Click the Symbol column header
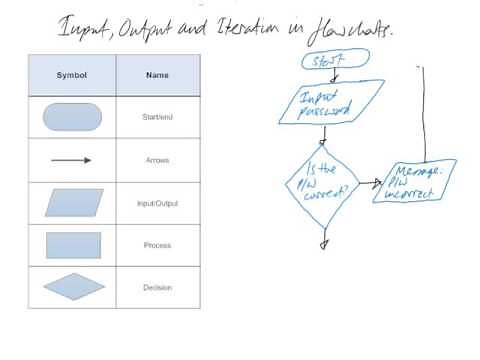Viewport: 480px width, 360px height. point(72,75)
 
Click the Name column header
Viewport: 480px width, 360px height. point(157,75)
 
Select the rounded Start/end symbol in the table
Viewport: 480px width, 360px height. point(73,117)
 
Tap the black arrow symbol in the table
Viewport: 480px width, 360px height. point(72,160)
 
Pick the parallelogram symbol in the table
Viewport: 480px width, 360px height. point(73,203)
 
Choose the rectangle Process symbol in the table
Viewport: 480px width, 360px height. point(73,245)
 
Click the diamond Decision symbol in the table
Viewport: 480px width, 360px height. point(73,287)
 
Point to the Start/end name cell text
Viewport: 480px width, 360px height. point(157,118)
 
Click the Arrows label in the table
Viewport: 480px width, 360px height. point(157,160)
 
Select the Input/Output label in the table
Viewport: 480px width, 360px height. point(157,203)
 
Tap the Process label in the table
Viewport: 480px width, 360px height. point(157,245)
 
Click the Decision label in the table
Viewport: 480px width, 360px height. point(157,287)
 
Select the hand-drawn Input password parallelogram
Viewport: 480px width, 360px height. point(324,104)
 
